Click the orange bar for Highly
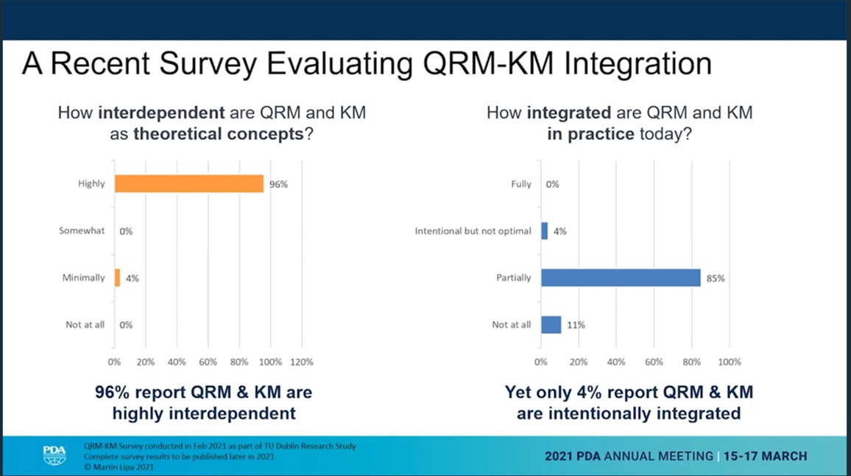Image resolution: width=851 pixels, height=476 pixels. (188, 183)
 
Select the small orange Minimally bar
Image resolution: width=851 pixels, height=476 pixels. (117, 278)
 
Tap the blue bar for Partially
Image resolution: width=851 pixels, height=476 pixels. (620, 278)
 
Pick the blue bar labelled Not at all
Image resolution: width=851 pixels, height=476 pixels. (551, 324)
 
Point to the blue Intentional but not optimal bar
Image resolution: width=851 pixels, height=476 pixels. (544, 231)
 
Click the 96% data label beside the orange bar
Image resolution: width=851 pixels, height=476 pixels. (278, 184)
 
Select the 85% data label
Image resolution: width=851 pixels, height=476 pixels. (716, 279)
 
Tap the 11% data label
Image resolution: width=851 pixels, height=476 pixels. (576, 325)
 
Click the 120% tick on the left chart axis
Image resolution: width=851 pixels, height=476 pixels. (301, 362)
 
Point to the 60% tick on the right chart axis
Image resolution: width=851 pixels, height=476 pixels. (654, 362)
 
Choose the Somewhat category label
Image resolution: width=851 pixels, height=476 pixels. (82, 231)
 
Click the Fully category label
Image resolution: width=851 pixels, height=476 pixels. (520, 184)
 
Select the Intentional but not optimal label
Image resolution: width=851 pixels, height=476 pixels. (473, 231)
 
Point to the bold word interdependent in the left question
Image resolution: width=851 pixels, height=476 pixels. (161, 113)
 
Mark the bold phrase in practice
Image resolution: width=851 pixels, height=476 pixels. (590, 135)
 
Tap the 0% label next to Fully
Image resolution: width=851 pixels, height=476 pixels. (552, 184)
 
